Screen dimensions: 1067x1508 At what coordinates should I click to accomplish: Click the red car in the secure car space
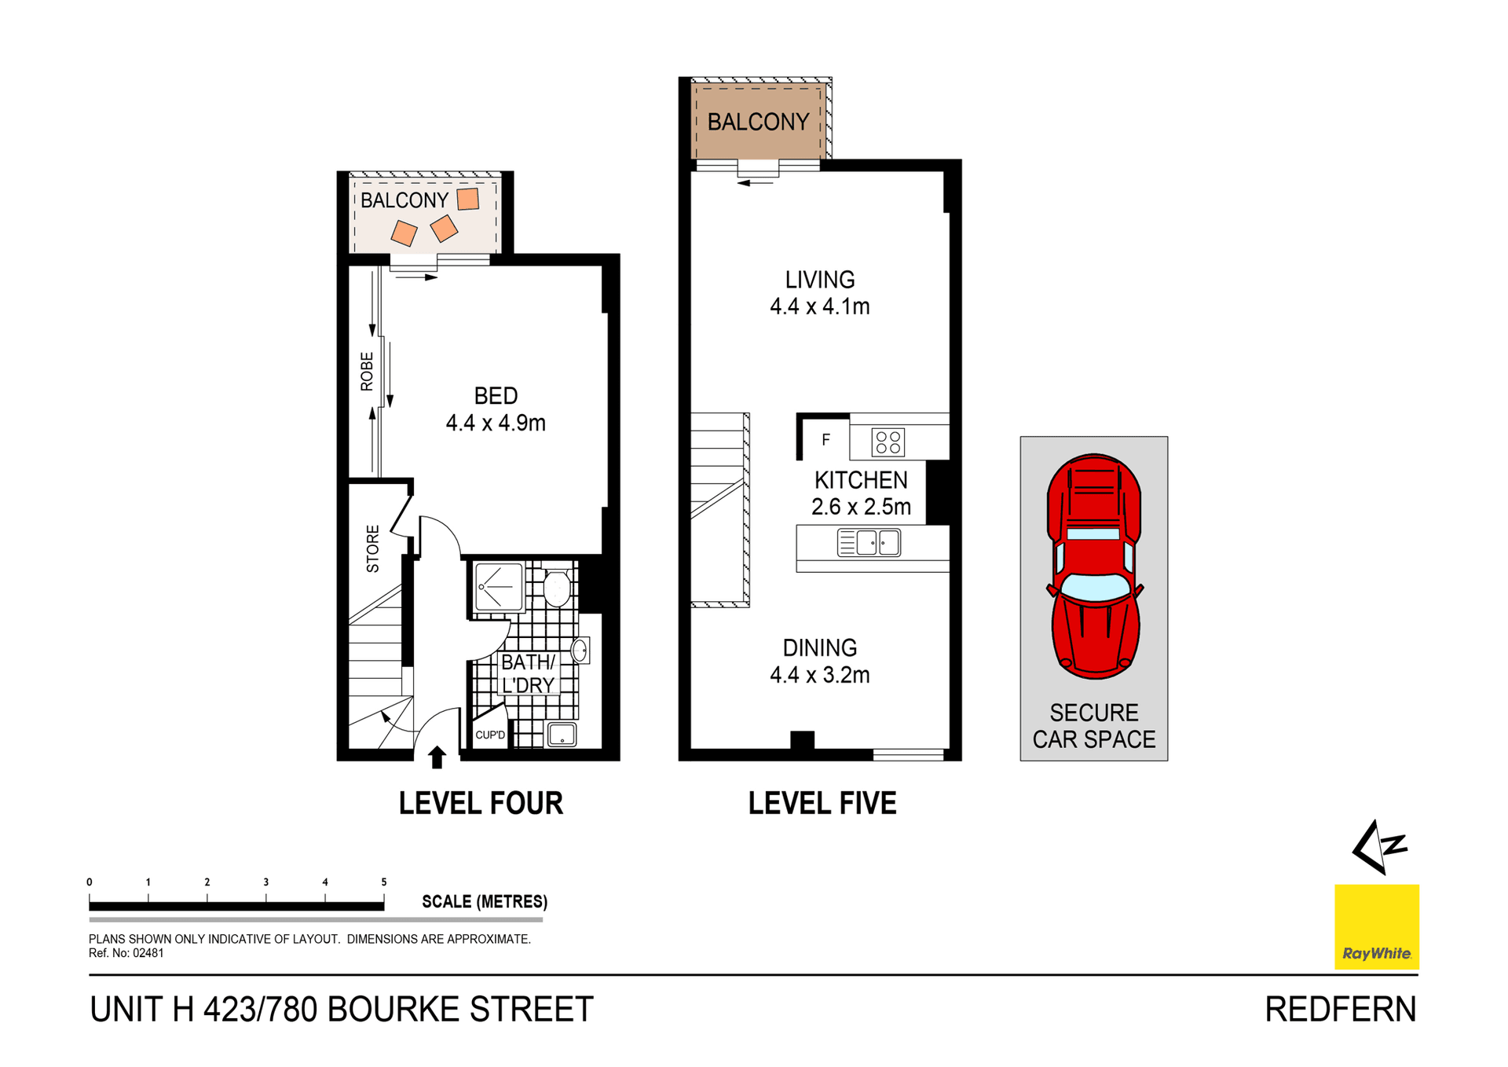(x=1094, y=566)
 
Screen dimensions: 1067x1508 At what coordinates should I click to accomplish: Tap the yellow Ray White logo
(x=1376, y=926)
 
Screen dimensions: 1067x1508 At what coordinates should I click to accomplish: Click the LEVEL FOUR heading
(x=481, y=803)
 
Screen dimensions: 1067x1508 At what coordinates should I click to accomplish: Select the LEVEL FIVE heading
(x=822, y=803)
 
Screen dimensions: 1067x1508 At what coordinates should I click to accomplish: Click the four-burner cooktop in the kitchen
(x=888, y=442)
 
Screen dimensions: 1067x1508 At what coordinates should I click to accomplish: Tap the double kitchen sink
(x=869, y=543)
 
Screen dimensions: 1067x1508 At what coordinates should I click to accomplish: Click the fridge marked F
(x=825, y=440)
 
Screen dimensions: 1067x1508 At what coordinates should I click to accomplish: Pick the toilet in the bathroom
(x=557, y=588)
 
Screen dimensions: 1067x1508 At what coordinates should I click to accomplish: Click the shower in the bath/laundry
(x=499, y=587)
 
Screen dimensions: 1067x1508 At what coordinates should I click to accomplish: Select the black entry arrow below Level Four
(x=437, y=757)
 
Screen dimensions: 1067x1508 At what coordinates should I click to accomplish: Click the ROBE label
(x=367, y=372)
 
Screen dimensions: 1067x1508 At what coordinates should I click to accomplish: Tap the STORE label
(x=372, y=548)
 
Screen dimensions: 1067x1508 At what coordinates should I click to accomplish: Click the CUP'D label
(x=490, y=735)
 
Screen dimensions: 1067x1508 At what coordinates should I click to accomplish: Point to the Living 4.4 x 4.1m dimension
(x=820, y=306)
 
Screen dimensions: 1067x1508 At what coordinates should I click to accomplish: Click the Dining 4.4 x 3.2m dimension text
(x=820, y=675)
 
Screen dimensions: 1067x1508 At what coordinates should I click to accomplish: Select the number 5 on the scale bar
(x=384, y=882)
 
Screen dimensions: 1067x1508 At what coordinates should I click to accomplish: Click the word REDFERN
(x=1340, y=1010)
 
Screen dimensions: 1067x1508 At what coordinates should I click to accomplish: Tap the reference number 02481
(x=148, y=953)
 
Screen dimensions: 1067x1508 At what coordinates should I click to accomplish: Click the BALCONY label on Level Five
(x=758, y=122)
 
